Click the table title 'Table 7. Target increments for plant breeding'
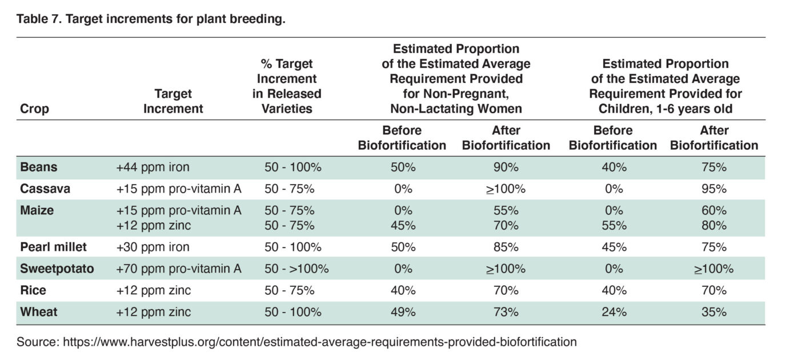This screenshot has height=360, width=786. pyautogui.click(x=151, y=19)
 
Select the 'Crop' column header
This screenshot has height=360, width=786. pyautogui.click(x=35, y=109)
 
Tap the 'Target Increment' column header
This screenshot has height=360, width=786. pyautogui.click(x=173, y=101)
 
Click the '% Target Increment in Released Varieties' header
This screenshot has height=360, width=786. pyautogui.click(x=287, y=86)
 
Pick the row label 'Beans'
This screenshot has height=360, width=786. pyautogui.click(x=38, y=167)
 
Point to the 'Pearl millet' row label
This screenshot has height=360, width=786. pyautogui.click(x=53, y=247)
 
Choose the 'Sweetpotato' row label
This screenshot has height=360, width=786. pyautogui.click(x=57, y=269)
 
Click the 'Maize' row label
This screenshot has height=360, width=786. pyautogui.click(x=37, y=210)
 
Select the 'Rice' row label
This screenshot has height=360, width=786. pyautogui.click(x=34, y=290)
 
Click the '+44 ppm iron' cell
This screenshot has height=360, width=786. pyautogui.click(x=153, y=167)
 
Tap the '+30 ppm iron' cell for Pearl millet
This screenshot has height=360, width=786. pyautogui.click(x=153, y=247)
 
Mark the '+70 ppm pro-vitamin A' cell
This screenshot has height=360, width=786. pyautogui.click(x=179, y=269)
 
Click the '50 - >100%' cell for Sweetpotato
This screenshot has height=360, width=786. pyautogui.click(x=296, y=269)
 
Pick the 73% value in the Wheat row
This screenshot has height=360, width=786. pyautogui.click(x=506, y=312)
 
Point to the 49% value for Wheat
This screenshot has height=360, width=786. pyautogui.click(x=403, y=312)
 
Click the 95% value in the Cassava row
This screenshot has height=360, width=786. pyautogui.click(x=714, y=189)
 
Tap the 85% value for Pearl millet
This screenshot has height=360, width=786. pyautogui.click(x=506, y=247)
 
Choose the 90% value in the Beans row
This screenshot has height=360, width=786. pyautogui.click(x=506, y=167)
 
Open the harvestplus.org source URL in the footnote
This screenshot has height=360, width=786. pyautogui.click(x=319, y=342)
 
